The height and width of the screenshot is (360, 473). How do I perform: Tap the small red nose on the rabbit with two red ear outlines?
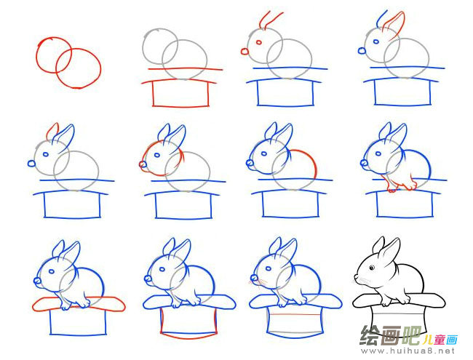pyautogui.click(x=245, y=51)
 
